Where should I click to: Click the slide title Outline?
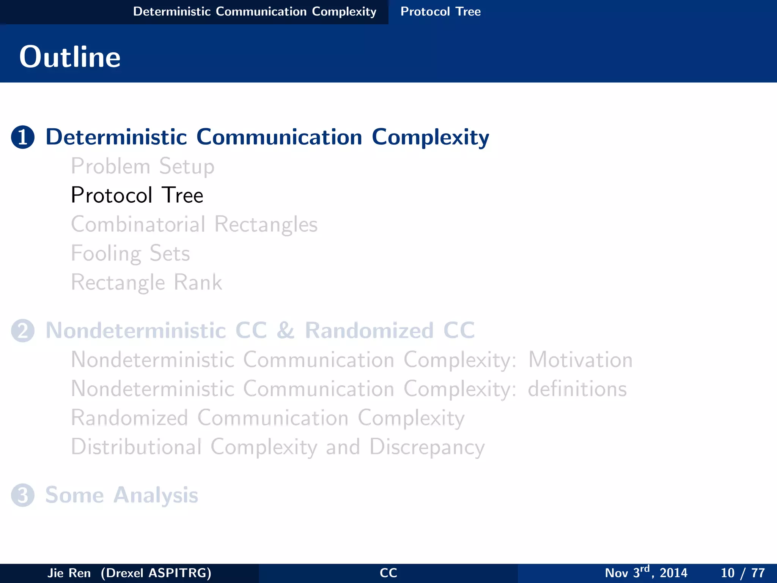pyautogui.click(x=70, y=57)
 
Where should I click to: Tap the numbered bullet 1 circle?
pyautogui.click(x=23, y=137)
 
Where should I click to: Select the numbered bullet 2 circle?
pyautogui.click(x=23, y=331)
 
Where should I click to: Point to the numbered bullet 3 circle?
pyautogui.click(x=23, y=495)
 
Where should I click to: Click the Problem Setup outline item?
pyautogui.click(x=143, y=167)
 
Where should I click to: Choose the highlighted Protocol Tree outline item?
pyautogui.click(x=137, y=195)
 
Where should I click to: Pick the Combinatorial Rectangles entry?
pyautogui.click(x=194, y=224)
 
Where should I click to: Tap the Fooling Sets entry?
pyautogui.click(x=131, y=253)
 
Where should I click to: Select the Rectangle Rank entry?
pyautogui.click(x=146, y=282)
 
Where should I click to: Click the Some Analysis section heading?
pyautogui.click(x=122, y=495)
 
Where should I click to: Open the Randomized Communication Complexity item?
pyautogui.click(x=267, y=418)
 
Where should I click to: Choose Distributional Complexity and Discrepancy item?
pyautogui.click(x=278, y=447)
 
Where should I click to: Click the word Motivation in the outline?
pyautogui.click(x=580, y=359)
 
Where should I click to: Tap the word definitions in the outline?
pyautogui.click(x=577, y=389)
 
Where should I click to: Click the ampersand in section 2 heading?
pyautogui.click(x=285, y=331)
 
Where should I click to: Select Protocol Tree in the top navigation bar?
pyautogui.click(x=440, y=11)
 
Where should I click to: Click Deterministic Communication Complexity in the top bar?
pyautogui.click(x=255, y=11)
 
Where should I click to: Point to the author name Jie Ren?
pyautogui.click(x=69, y=573)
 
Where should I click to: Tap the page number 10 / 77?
pyautogui.click(x=742, y=573)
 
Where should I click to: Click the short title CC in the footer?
pyautogui.click(x=388, y=573)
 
